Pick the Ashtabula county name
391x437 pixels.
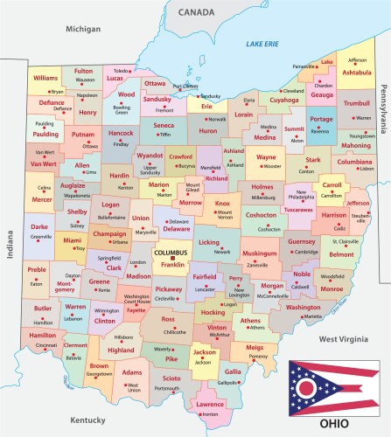(356, 73)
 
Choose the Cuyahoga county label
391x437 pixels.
(283, 101)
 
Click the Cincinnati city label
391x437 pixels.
(47, 346)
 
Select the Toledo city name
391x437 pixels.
(122, 70)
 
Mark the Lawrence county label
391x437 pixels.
(210, 405)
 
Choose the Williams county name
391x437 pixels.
(45, 78)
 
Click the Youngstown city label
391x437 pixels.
(362, 136)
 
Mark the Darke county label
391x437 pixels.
(39, 226)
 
